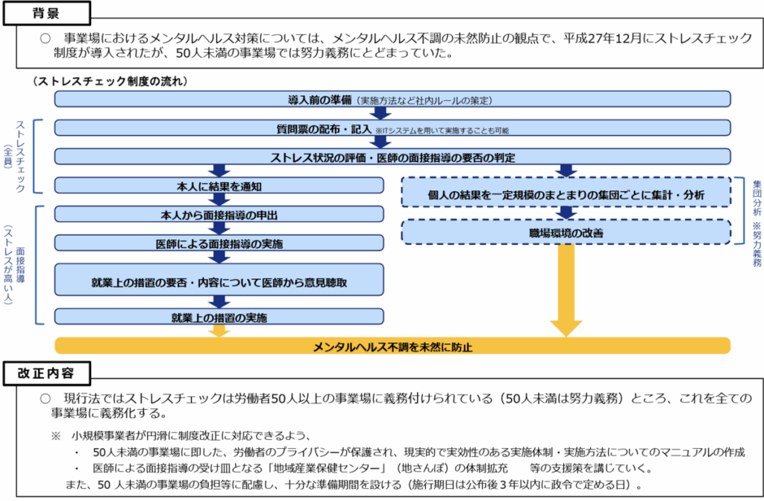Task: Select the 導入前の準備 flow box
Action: pyautogui.click(x=392, y=99)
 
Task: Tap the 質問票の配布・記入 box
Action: pyautogui.click(x=392, y=128)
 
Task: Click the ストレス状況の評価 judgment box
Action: pyautogui.click(x=392, y=157)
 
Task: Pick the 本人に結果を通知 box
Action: pyautogui.click(x=219, y=185)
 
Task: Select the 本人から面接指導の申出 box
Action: pyautogui.click(x=219, y=214)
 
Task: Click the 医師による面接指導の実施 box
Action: pyautogui.click(x=219, y=243)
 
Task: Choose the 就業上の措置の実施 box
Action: pyautogui.click(x=219, y=317)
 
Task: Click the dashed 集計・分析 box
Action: pyautogui.click(x=566, y=193)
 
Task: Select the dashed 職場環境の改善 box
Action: pyautogui.click(x=566, y=232)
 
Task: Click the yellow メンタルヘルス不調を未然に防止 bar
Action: pyautogui.click(x=392, y=346)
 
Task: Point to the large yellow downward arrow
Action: pyautogui.click(x=566, y=291)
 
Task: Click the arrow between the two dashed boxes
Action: pyautogui.click(x=566, y=213)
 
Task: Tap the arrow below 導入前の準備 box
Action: pyautogui.click(x=381, y=113)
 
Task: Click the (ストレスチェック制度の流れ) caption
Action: pyautogui.click(x=110, y=81)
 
